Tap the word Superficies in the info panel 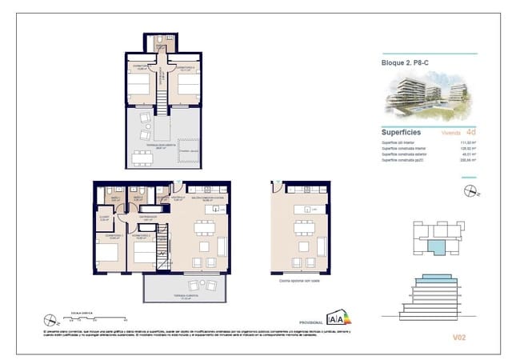coord(402,133)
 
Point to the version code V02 coord(458,338)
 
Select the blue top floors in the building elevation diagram coord(432,282)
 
